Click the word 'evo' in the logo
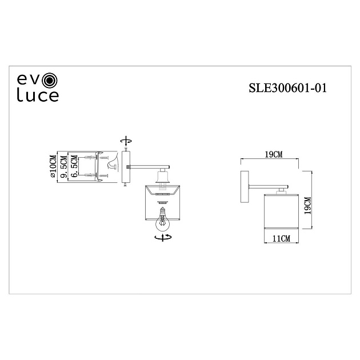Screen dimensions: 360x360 31,79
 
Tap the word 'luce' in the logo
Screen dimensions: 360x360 37,96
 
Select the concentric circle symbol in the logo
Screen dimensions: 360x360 51,79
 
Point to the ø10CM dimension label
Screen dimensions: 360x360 53,167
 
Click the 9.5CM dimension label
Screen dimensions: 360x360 65,167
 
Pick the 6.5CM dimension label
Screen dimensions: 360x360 74,167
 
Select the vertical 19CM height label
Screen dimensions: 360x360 307,205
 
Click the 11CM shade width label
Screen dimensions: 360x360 281,238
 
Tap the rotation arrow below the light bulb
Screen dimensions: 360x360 163,238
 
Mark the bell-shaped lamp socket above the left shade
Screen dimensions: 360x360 163,178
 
